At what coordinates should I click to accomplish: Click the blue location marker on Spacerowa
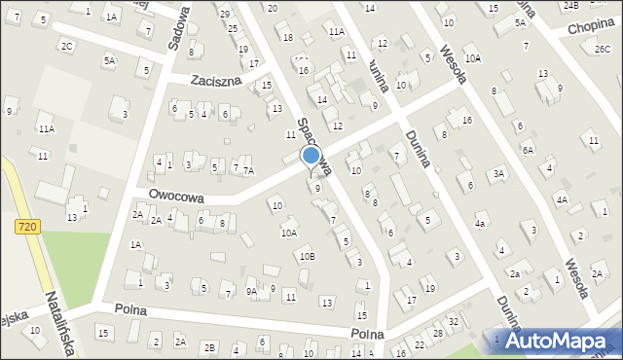click(311, 155)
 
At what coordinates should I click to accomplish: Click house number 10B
click(307, 256)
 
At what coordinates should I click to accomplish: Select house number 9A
click(251, 290)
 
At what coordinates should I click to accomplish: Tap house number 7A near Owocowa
click(248, 170)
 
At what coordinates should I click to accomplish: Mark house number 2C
click(66, 46)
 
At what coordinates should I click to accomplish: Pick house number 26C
click(603, 49)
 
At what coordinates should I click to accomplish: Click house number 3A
click(498, 173)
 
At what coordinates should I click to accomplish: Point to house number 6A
click(527, 150)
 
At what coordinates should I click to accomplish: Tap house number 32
click(453, 321)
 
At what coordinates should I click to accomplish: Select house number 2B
click(209, 347)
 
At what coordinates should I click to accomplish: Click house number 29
click(225, 14)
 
